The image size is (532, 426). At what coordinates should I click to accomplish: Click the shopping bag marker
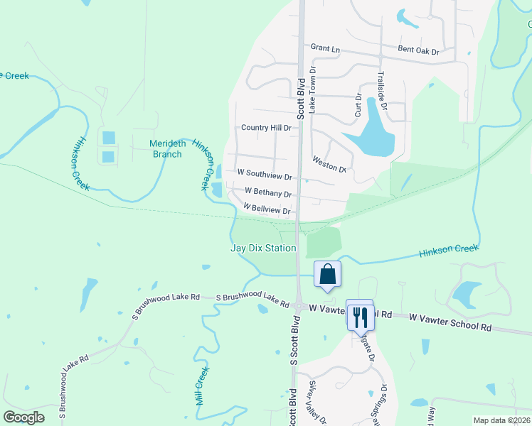point(327,275)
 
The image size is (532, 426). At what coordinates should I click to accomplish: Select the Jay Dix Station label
point(263,248)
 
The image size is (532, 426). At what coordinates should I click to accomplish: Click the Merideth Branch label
point(168,148)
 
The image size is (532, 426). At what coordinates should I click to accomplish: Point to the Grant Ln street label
point(326,48)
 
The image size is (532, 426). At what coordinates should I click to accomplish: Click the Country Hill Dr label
point(266,128)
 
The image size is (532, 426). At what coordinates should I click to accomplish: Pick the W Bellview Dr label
point(267,210)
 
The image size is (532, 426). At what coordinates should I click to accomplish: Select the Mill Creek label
point(203,386)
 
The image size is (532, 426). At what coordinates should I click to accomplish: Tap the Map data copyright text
point(501,420)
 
